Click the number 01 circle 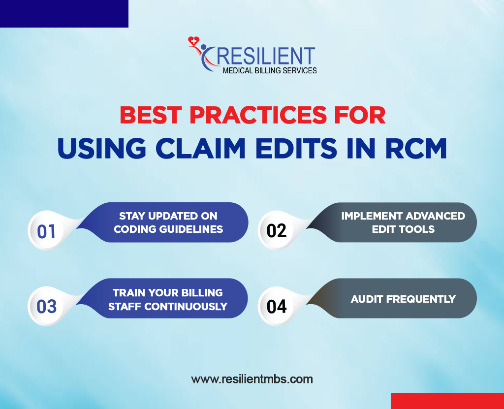point(46,230)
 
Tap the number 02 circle point(277,230)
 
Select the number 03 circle point(46,306)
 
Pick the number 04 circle point(277,306)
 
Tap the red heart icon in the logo point(193,41)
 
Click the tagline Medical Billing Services point(270,71)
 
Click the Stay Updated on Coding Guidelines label point(168,222)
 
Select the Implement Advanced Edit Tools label point(403,222)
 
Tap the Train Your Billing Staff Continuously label point(168,299)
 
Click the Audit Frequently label point(403,299)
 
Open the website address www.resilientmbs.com point(252,379)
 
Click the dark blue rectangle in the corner point(64,13)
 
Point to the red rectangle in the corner point(447,401)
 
